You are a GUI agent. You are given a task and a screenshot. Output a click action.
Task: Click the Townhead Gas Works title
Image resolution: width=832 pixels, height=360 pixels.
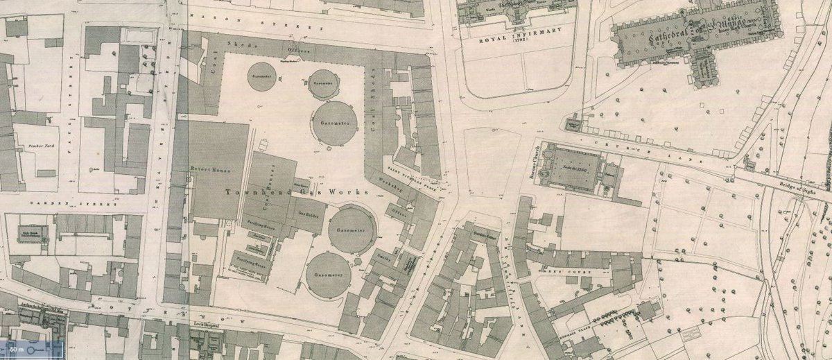[271, 192]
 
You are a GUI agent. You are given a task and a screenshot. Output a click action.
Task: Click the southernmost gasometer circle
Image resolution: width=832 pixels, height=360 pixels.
[328, 275]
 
